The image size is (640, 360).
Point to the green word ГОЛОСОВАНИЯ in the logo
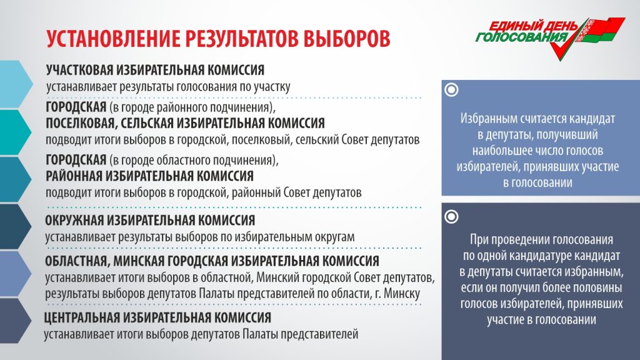click(522, 37)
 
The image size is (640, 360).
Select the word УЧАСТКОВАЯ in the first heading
click(79, 70)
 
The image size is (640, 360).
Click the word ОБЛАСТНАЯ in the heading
click(77, 261)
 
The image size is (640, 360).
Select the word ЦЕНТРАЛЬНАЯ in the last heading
click(82, 317)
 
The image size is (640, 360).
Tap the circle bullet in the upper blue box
click(451, 90)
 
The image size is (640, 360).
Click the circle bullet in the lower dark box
click(451, 217)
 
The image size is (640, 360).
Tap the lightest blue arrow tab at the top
click(16, 84)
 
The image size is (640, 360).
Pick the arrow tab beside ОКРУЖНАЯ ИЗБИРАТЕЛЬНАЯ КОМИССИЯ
click(16, 226)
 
